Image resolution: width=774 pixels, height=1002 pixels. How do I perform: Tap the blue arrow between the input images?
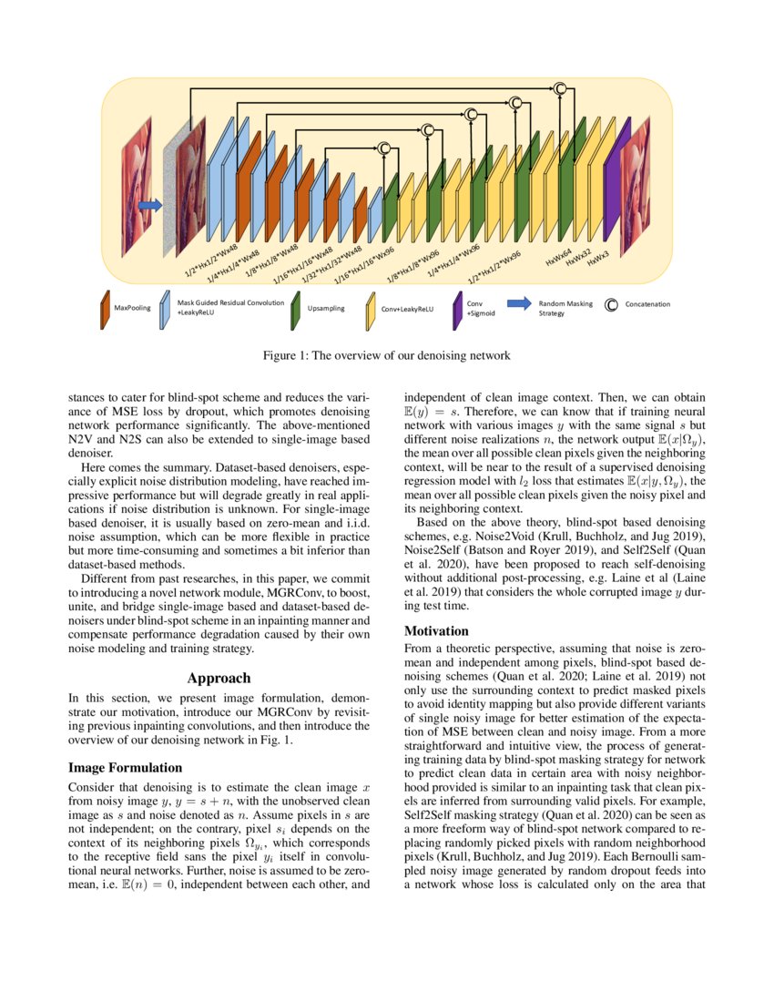click(149, 206)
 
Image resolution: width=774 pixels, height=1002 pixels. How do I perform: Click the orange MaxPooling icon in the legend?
click(106, 309)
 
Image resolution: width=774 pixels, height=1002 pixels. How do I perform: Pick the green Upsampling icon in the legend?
click(296, 309)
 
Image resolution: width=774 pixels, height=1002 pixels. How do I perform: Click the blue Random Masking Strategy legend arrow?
click(518, 304)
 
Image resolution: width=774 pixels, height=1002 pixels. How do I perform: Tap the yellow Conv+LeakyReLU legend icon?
click(371, 309)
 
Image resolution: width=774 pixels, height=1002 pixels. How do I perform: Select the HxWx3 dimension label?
click(597, 261)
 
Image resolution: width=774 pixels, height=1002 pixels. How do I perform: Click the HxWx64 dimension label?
click(558, 255)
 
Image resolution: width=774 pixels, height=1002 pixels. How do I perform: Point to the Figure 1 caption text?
click(387, 354)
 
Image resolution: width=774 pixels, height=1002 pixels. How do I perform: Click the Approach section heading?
click(219, 678)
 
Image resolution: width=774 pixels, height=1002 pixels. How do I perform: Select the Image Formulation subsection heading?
click(126, 768)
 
